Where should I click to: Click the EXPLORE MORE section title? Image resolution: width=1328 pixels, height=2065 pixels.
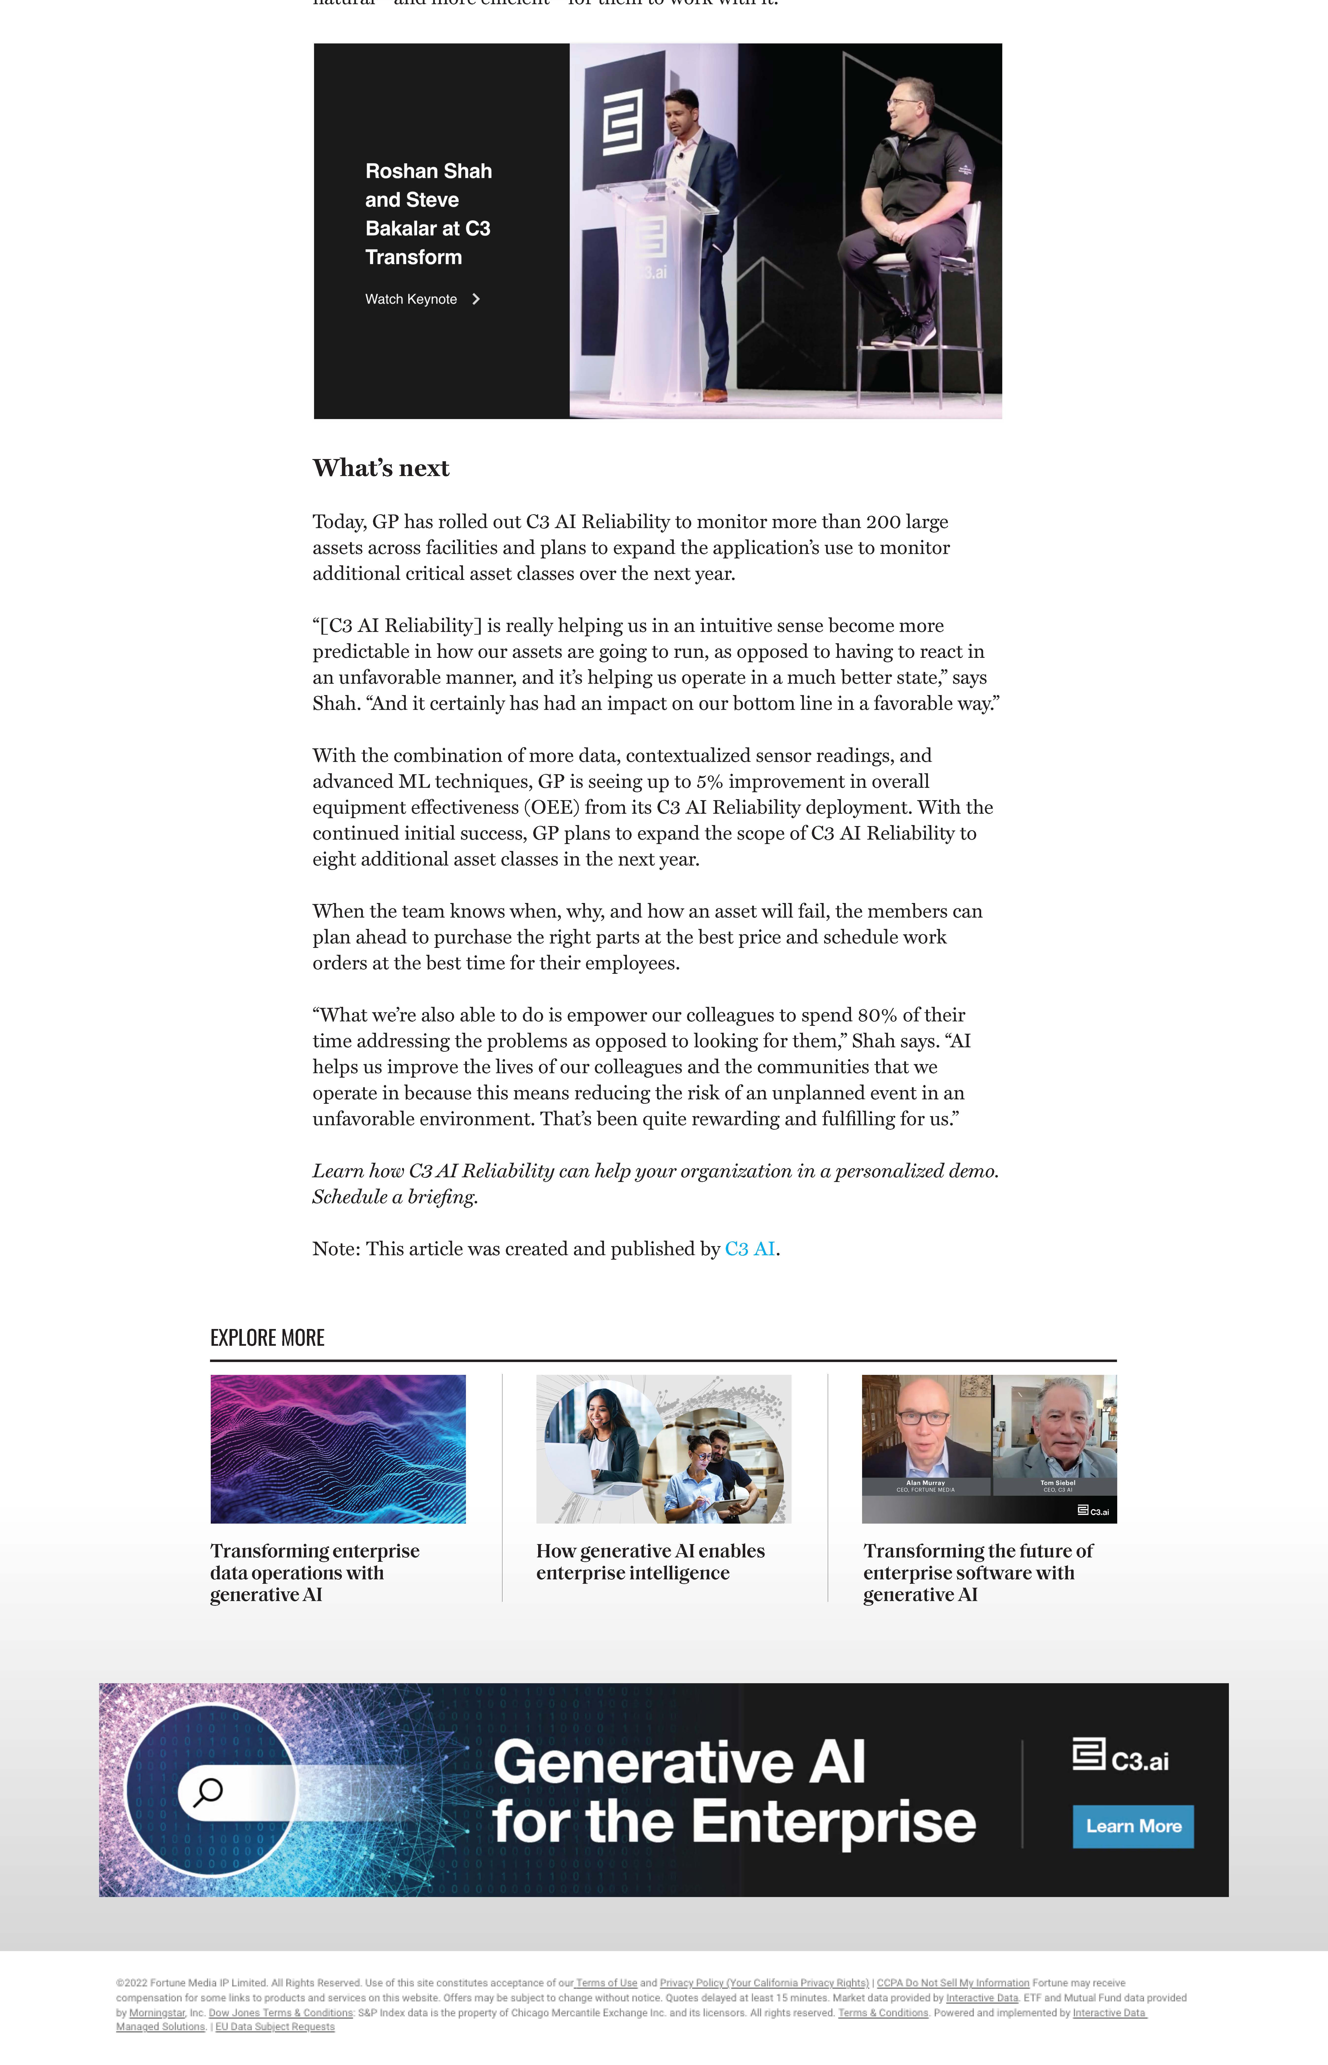click(267, 1338)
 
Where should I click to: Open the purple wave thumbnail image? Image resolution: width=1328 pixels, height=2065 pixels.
click(338, 1449)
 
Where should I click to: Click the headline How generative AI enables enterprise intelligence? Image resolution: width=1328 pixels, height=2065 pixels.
click(650, 1562)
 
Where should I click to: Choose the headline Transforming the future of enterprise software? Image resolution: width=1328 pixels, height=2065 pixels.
click(978, 1572)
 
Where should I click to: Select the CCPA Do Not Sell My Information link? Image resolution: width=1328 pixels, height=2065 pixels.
click(953, 1983)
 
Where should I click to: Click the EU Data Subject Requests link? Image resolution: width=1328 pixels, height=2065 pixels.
click(275, 2027)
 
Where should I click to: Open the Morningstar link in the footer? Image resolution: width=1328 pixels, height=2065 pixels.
click(157, 2013)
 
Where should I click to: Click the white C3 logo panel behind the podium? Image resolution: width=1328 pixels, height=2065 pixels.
click(623, 121)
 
